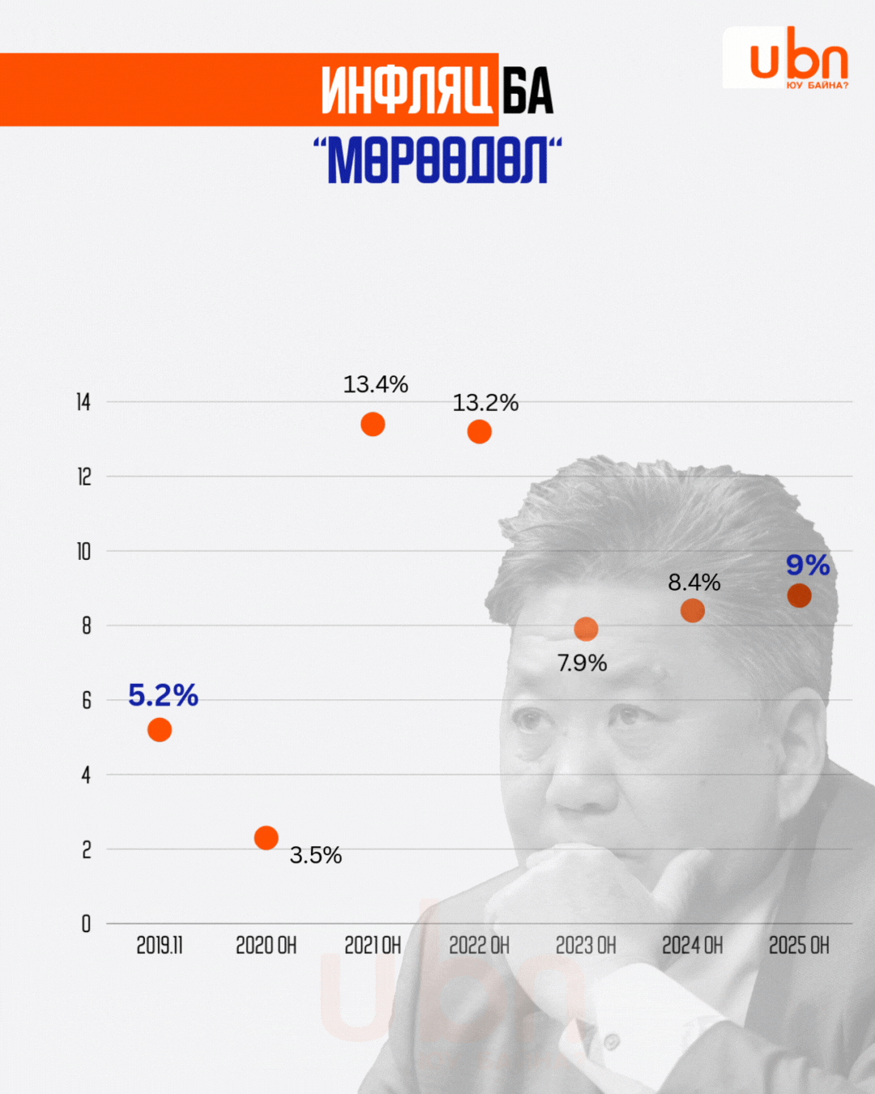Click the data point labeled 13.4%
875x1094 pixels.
coord(373,424)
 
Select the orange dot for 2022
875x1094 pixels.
coord(480,432)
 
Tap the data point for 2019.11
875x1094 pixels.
coord(160,730)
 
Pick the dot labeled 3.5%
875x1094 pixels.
coord(266,837)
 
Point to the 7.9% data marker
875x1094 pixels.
coord(586,629)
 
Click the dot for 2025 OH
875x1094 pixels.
coord(799,596)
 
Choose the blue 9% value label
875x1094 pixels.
coord(808,565)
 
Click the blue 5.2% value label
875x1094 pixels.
coord(163,695)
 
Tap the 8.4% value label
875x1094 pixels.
coord(694,582)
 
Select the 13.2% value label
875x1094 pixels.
coord(485,403)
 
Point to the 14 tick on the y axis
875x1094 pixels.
coord(83,402)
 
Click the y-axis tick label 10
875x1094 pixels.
coord(83,552)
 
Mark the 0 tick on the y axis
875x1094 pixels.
coord(86,924)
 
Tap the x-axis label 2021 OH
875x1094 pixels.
coord(373,946)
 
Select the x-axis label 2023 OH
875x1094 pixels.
coord(586,946)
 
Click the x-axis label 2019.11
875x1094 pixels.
coord(160,946)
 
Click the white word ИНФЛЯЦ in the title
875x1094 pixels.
coord(407,90)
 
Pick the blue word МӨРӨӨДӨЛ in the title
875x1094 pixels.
coord(437,160)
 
